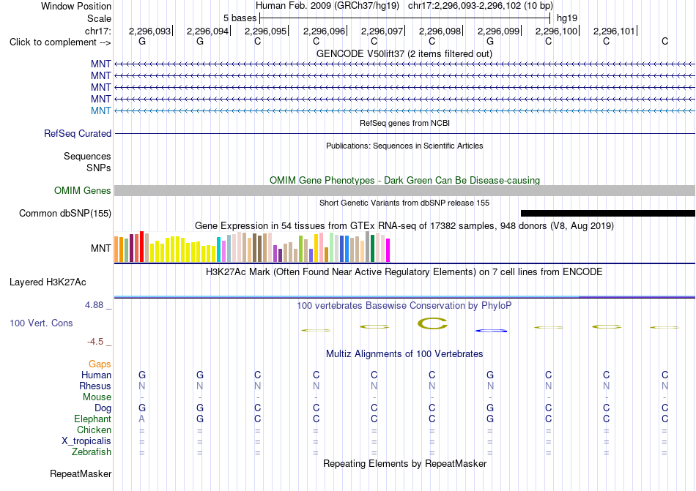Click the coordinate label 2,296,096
[324, 31]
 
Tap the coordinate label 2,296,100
[556, 31]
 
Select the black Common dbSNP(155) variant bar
[607, 213]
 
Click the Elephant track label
[93, 419]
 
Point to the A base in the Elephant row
[142, 419]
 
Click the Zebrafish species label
[92, 452]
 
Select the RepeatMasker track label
[81, 473]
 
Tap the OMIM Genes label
[83, 190]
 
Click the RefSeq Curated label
[78, 133]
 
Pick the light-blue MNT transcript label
[101, 110]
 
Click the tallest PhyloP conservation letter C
[433, 323]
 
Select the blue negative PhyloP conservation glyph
[491, 331]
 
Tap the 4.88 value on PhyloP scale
[94, 305]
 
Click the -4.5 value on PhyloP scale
[95, 341]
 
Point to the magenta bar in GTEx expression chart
[388, 250]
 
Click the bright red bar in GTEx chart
[141, 247]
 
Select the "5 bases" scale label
[240, 18]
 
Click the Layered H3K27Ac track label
[48, 282]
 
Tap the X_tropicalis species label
[86, 441]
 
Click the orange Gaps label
[100, 364]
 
